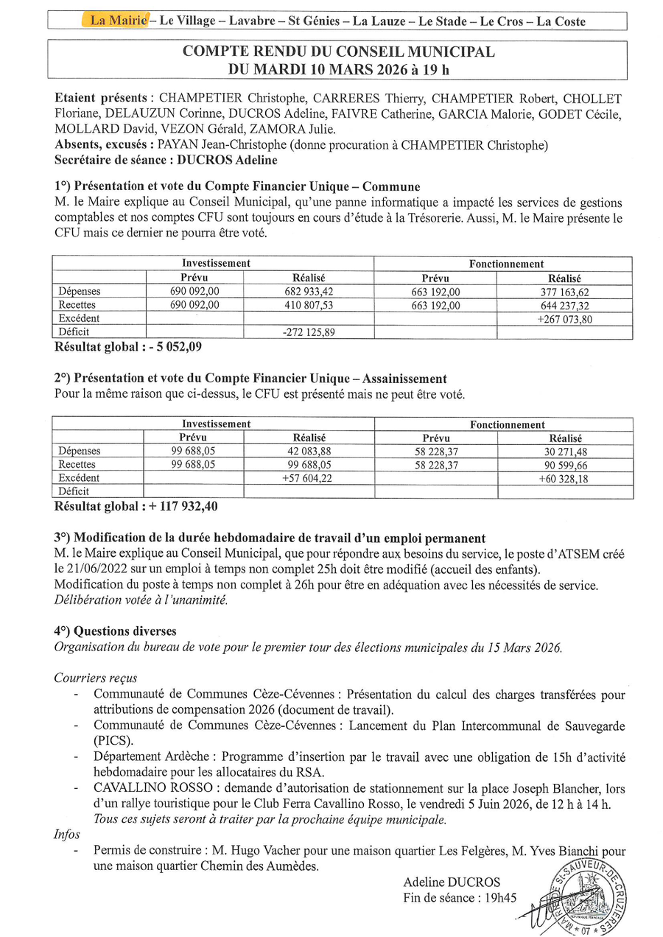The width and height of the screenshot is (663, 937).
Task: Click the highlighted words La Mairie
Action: click(x=118, y=21)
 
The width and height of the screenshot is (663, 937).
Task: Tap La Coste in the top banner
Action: click(x=561, y=21)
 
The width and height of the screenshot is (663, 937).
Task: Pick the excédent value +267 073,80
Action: click(x=564, y=319)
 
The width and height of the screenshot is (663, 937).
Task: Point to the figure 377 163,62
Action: click(x=564, y=292)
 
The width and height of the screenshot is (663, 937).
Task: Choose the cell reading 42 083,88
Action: click(x=309, y=452)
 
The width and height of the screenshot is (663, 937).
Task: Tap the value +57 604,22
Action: click(x=309, y=478)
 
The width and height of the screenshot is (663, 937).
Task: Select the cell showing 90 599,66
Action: click(x=564, y=465)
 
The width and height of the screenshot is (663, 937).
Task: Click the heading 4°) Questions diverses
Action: click(x=116, y=631)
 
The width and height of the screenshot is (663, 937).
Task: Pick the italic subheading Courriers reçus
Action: click(x=96, y=678)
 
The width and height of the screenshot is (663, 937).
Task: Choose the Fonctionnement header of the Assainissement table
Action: click(x=508, y=424)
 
